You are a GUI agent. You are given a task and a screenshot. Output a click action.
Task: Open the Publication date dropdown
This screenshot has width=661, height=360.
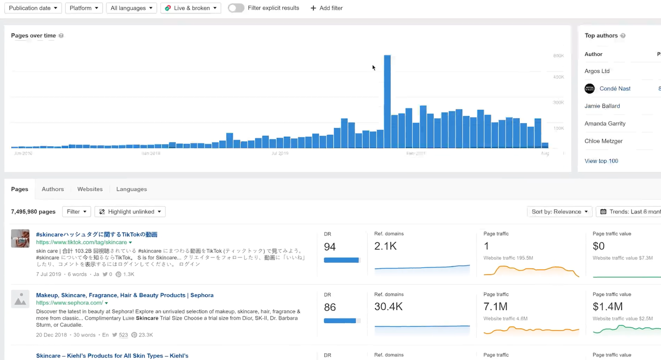tap(33, 8)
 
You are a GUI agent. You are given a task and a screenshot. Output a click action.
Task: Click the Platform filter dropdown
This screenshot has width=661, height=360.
tap(84, 8)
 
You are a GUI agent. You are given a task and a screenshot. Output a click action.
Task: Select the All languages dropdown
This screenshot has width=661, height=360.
tap(131, 8)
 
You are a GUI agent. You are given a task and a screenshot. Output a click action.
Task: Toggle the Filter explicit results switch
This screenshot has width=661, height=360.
tap(236, 8)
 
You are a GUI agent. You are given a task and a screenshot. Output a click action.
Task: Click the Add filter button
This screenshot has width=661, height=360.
tap(326, 8)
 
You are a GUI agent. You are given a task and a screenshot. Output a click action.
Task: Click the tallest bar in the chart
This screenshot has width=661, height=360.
tap(387, 101)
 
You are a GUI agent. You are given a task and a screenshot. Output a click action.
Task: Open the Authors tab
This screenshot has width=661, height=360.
tap(53, 189)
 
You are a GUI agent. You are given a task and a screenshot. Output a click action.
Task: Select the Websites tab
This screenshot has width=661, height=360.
tap(90, 189)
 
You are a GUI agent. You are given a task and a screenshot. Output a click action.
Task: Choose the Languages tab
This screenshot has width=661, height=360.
tap(131, 189)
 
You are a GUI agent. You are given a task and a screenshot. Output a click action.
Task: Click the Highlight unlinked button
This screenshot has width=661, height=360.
tap(130, 212)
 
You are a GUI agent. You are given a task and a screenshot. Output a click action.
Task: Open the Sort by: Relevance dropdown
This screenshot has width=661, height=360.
tap(560, 212)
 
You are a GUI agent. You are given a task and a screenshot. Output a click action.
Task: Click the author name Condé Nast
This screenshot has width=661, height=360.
tap(615, 88)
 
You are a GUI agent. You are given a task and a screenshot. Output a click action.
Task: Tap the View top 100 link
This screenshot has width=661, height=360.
tap(601, 161)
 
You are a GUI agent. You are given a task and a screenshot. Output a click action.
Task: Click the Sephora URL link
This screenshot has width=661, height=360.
tap(69, 303)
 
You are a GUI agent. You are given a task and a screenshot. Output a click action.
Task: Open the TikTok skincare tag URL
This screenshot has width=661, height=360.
tap(81, 243)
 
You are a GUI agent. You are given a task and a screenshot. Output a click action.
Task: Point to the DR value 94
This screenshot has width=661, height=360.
tap(330, 247)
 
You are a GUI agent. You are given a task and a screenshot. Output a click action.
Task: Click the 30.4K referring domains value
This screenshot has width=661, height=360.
tap(388, 307)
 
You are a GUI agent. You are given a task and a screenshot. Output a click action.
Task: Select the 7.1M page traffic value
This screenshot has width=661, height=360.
tap(495, 307)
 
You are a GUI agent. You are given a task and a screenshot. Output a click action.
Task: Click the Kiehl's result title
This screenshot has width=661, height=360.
tap(112, 356)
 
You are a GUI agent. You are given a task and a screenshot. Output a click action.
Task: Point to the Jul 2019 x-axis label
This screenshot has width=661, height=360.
tap(280, 153)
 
